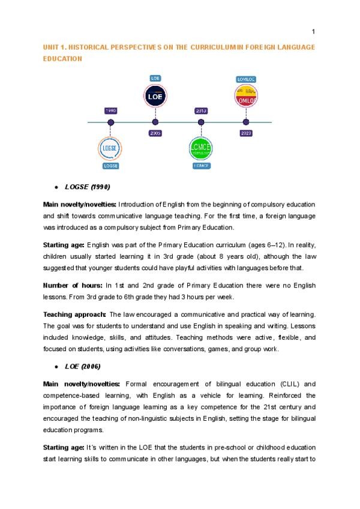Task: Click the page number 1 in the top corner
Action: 313,32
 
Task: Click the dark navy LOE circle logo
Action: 155,96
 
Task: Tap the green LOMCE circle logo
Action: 200,148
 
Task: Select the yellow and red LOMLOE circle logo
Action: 246,96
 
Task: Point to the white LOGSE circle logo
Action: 110,148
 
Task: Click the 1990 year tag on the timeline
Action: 110,111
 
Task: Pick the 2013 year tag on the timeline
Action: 200,111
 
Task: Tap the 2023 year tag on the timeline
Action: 246,133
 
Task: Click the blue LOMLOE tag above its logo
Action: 246,79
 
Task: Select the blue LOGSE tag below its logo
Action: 110,166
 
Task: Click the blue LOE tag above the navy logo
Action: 155,78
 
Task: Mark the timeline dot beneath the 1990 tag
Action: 110,122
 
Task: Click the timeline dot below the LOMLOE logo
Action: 246,122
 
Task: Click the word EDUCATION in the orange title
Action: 62,59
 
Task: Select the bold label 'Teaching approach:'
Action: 74,315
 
